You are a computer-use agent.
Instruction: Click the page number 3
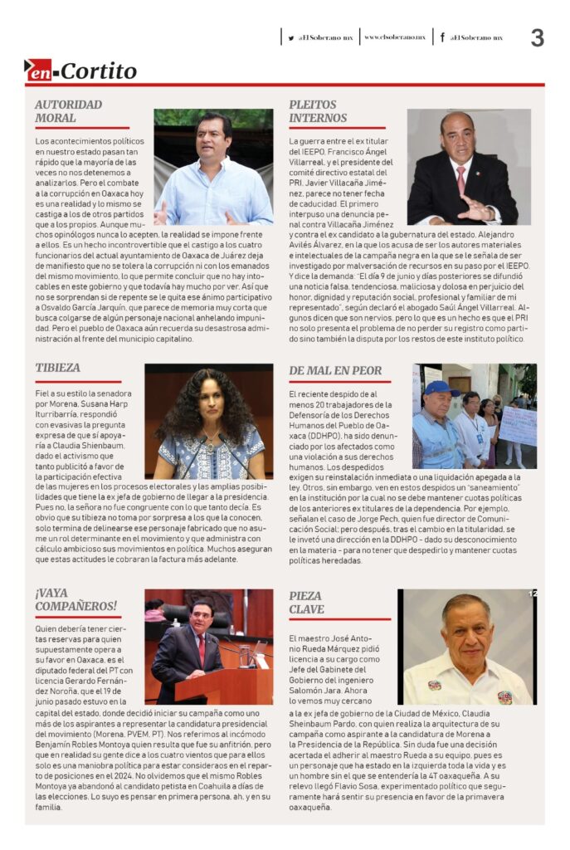click(538, 38)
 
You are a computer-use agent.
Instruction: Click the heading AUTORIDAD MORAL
click(68, 111)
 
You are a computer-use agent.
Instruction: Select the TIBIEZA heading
click(58, 367)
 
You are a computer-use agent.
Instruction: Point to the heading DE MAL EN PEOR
click(335, 370)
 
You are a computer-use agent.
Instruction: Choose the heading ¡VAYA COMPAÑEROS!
click(76, 598)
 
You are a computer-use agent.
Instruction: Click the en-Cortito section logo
click(80, 71)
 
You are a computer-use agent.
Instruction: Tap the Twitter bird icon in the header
click(291, 37)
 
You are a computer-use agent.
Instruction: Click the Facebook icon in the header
click(442, 37)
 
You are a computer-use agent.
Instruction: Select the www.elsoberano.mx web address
click(395, 37)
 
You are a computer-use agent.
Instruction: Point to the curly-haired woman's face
click(210, 409)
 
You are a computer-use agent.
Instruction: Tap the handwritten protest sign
click(518, 425)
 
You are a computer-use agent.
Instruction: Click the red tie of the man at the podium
click(201, 650)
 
